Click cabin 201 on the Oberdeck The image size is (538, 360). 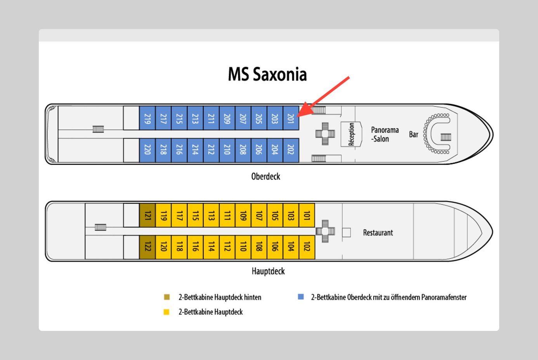click(x=291, y=118)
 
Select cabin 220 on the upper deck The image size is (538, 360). click(x=148, y=150)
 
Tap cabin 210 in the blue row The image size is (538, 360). click(x=227, y=150)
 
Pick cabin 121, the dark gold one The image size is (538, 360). click(x=148, y=215)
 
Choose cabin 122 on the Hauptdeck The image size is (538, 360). click(x=148, y=247)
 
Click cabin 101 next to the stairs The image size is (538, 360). click(x=307, y=215)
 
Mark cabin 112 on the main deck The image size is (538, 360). click(x=227, y=247)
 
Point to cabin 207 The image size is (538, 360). click(x=243, y=118)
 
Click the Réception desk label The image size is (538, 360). click(x=351, y=134)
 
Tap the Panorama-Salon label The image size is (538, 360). click(x=384, y=134)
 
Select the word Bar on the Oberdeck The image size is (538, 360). click(x=413, y=135)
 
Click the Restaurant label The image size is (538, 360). click(x=378, y=233)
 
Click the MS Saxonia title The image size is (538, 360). click(x=267, y=74)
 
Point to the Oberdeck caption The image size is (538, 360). click(x=266, y=177)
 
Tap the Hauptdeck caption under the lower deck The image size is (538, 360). click(x=268, y=271)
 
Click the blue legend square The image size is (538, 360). click(x=301, y=297)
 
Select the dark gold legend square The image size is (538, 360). click(x=167, y=297)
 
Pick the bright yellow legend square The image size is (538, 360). click(x=167, y=312)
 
